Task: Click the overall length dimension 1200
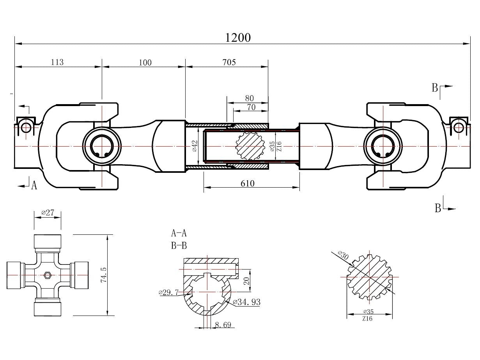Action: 238,37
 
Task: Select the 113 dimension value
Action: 57,62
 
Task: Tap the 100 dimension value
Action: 145,62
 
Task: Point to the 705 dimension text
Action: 229,62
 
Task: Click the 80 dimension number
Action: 249,98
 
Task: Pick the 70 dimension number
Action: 251,107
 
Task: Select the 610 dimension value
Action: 247,183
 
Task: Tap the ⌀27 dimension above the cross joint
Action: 48,213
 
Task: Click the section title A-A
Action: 179,233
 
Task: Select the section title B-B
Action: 179,246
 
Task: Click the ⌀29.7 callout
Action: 168,292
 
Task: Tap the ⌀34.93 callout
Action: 246,302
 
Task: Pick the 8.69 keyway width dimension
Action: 223,324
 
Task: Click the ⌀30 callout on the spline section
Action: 344,256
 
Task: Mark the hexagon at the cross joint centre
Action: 48,275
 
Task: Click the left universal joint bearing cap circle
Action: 102,146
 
